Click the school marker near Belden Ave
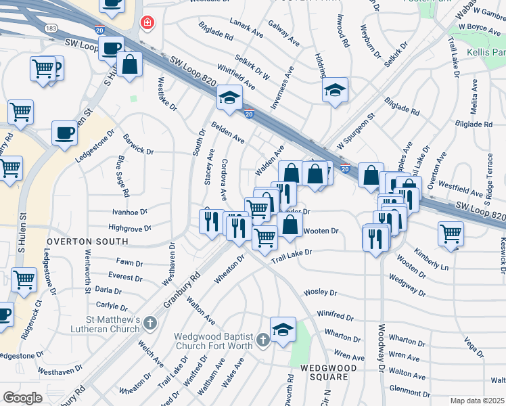pyautogui.click(x=229, y=98)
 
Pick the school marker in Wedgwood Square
pyautogui.click(x=283, y=330)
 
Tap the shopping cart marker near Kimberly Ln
pyautogui.click(x=451, y=234)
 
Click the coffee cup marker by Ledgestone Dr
pyautogui.click(x=64, y=133)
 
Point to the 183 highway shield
pyautogui.click(x=51, y=28)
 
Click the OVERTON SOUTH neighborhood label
pyautogui.click(x=87, y=241)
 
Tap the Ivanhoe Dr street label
pyautogui.click(x=130, y=212)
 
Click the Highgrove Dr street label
pyautogui.click(x=128, y=229)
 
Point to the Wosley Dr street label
pyautogui.click(x=320, y=292)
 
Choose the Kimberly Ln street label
pyautogui.click(x=432, y=263)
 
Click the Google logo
pyautogui.click(x=22, y=398)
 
